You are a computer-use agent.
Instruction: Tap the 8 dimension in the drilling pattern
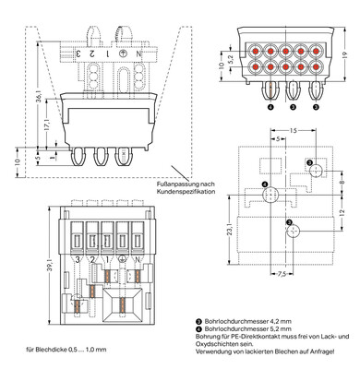(x=341, y=183)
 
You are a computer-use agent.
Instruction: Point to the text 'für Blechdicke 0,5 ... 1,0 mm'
(x=68, y=350)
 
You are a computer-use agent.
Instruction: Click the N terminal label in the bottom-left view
(x=138, y=261)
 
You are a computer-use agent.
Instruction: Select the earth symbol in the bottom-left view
(x=123, y=261)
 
